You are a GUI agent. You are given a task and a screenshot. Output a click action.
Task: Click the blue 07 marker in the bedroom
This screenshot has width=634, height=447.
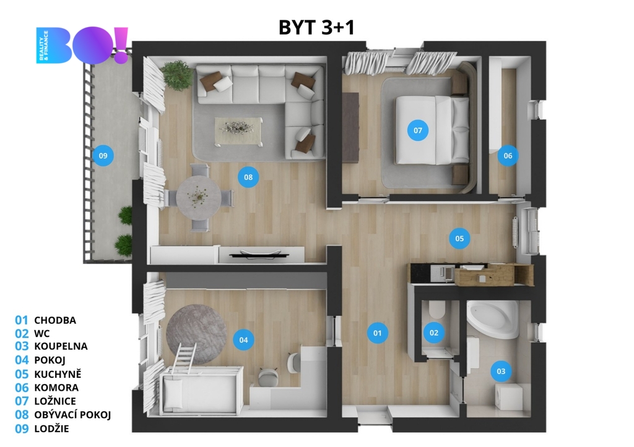point(418,130)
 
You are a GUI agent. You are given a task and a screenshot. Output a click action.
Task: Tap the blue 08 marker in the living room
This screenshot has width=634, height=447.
point(248,177)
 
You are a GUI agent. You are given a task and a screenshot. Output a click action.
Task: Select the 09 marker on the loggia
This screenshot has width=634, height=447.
point(103,155)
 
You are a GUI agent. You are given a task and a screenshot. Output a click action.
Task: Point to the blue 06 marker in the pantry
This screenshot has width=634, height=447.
point(508,155)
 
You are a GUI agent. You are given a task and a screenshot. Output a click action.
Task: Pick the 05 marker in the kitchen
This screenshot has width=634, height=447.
point(459,238)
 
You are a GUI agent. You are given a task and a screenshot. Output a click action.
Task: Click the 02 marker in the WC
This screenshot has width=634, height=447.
point(434,333)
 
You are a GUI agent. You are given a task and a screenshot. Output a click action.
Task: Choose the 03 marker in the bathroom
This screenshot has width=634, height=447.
point(501,371)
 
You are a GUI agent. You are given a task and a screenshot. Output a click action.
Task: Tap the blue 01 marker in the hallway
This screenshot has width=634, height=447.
point(377,333)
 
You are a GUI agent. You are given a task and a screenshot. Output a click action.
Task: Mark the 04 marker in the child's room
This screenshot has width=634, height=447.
point(243,339)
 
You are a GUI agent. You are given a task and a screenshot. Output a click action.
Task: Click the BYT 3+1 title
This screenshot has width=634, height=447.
point(316,27)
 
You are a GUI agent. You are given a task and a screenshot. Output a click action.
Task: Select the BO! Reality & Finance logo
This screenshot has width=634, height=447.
point(82,45)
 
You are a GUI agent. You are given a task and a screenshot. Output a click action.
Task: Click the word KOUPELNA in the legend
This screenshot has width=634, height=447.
point(61,346)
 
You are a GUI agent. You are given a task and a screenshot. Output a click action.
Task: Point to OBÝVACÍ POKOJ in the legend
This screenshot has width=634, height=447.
point(72,415)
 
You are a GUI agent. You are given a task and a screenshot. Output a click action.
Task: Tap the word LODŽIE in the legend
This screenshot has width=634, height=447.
point(51,428)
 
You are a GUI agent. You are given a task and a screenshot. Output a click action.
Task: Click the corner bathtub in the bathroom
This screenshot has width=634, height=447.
point(492,319)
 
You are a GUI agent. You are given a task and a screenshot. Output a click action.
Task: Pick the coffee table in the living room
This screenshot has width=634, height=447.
point(238,130)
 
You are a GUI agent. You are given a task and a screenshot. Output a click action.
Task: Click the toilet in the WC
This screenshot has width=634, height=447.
point(436,309)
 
